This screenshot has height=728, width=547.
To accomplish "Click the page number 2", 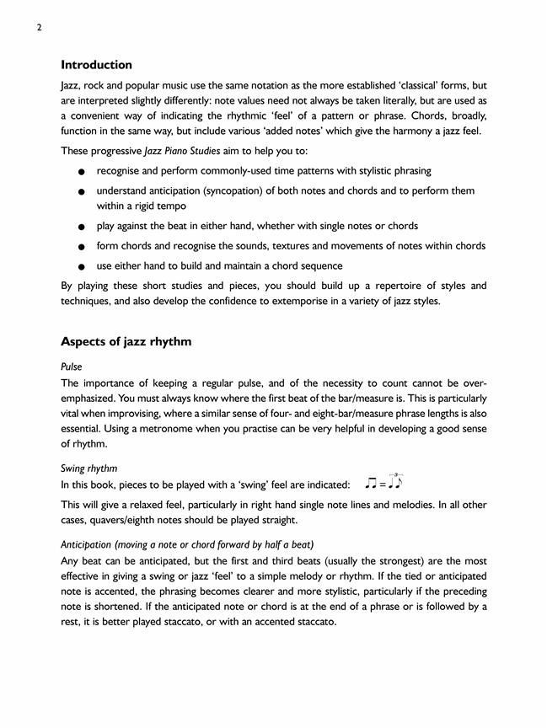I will [40, 27].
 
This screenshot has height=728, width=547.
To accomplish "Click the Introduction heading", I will [96, 65].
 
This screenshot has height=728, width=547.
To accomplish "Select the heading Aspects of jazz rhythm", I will [126, 341].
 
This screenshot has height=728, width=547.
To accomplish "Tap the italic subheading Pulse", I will [72, 367].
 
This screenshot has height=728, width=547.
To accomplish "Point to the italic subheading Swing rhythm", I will [88, 468].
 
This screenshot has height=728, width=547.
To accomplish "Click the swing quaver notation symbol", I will [384, 482].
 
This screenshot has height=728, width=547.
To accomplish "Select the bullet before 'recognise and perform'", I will [80, 172].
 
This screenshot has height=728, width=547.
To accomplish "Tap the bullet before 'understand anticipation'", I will [80, 192].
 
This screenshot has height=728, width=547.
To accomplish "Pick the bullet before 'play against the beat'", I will [80, 227].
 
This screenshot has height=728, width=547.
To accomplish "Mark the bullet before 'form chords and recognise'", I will [80, 248].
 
